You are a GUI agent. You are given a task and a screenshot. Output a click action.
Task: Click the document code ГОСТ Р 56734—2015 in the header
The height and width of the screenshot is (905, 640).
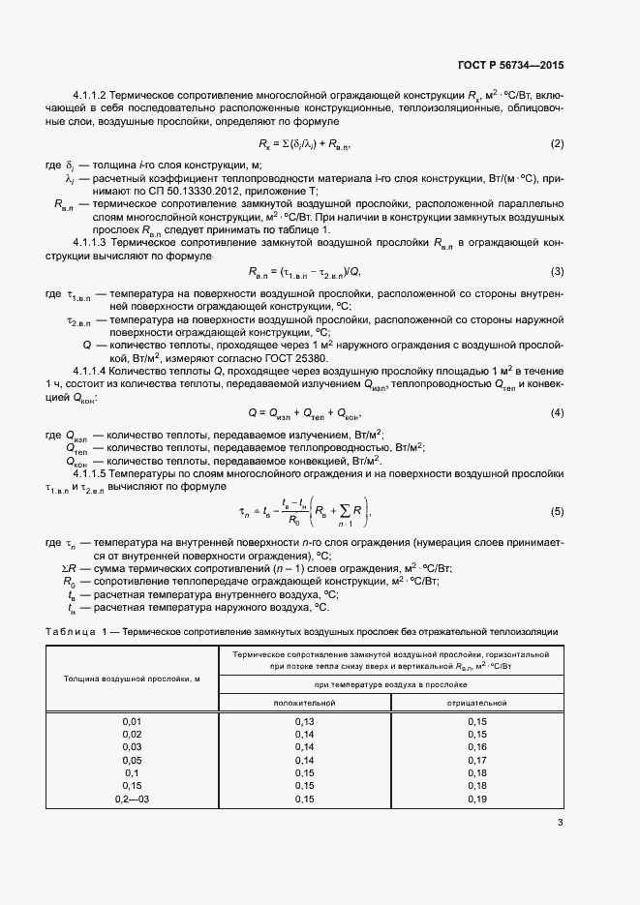pos(509,66)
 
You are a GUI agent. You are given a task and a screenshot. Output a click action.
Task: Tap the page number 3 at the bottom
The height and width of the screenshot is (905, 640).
pos(560,824)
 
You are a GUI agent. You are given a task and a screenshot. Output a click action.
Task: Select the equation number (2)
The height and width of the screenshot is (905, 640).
pos(557,144)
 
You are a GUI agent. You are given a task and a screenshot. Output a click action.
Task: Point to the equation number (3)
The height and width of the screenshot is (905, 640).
pos(557,271)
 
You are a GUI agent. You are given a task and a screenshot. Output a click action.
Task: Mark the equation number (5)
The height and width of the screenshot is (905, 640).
pos(557,510)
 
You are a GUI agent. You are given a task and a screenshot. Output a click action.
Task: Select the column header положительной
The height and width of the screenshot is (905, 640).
pos(304,702)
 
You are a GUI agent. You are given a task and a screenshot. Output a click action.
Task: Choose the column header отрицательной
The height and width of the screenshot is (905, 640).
pos(476,702)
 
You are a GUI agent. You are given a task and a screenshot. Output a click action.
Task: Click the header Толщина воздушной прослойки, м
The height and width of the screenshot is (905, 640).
pos(132,679)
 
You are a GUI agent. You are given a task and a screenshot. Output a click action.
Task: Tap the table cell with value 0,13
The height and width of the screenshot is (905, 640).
pos(304,722)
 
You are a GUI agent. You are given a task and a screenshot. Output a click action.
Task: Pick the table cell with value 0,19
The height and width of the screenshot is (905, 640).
pos(476,799)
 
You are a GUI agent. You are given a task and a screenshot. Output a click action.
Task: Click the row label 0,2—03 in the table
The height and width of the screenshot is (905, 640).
pos(132,799)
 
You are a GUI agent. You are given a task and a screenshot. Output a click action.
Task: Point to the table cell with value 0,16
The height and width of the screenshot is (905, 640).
pos(476,747)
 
